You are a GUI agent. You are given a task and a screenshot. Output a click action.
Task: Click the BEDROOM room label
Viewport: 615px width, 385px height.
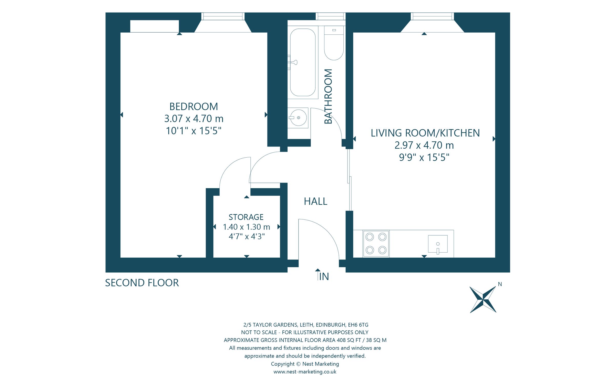pos(194,107)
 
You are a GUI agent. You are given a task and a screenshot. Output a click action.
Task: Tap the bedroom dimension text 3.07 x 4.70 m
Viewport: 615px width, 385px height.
pos(194,119)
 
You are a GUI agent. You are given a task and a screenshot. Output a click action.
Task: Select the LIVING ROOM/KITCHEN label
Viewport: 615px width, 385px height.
pos(425,133)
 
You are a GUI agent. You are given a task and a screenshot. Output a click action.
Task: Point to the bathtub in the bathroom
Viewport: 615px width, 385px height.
pos(303,62)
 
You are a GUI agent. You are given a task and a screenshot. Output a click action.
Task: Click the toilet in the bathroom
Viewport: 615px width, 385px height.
pos(334,44)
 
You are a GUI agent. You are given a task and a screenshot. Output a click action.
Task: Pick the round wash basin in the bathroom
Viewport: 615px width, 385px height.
pos(298,118)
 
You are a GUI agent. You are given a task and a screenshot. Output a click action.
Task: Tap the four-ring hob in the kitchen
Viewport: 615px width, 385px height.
pos(376,244)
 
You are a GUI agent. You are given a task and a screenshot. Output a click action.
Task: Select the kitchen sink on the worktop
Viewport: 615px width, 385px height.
pos(438,244)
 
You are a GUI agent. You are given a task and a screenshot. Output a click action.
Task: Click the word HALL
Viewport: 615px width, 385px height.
pos(315,201)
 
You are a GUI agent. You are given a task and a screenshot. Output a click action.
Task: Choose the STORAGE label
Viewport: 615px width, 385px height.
pos(246,217)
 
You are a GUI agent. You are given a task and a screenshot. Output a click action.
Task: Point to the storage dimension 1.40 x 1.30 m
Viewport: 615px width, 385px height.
pos(247,227)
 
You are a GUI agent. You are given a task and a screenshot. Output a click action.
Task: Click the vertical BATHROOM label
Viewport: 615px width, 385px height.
pos(328,96)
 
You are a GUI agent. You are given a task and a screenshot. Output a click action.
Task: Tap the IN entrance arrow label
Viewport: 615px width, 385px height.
pos(323,276)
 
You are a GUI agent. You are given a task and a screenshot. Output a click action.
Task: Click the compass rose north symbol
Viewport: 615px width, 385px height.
pos(483,300)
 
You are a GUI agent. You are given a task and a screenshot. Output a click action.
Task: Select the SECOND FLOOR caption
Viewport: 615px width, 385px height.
pos(142,283)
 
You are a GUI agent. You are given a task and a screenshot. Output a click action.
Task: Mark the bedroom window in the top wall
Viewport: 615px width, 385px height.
pos(223,16)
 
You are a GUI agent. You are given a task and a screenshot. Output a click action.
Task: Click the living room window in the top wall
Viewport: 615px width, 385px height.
pos(432,16)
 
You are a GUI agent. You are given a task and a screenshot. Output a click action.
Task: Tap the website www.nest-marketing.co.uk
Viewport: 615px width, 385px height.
pos(305,372)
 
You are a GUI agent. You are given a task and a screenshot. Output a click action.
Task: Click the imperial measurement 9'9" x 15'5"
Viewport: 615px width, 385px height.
pos(424,157)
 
